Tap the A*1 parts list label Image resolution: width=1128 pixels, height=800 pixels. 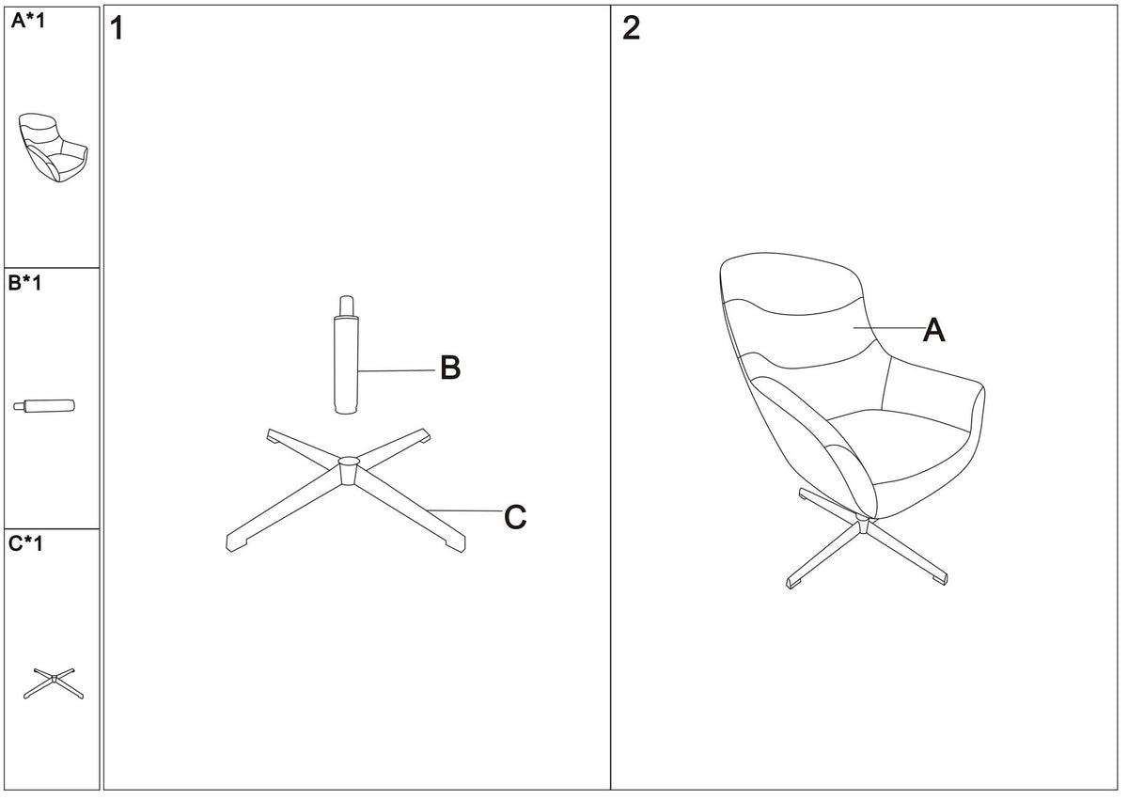(x=28, y=21)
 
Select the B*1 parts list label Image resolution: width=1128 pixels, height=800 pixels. (x=25, y=283)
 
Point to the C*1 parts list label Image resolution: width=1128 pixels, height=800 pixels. (x=25, y=543)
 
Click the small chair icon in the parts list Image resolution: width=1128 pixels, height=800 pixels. (x=54, y=147)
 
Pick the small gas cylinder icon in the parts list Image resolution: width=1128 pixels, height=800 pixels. (x=44, y=406)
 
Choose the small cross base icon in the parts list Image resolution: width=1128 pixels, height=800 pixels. (x=54, y=683)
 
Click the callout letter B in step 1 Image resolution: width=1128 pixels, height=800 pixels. (x=450, y=368)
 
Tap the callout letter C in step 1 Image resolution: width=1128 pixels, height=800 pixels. (x=515, y=517)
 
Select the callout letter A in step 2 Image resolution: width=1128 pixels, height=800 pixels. (x=933, y=330)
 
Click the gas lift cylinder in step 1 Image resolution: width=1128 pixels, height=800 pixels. (x=347, y=355)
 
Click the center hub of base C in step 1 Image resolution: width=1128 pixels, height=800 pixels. (x=348, y=471)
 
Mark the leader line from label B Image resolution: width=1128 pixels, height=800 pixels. (x=397, y=371)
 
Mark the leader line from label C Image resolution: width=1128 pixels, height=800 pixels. (x=464, y=511)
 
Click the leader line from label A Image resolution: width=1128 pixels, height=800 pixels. (x=889, y=328)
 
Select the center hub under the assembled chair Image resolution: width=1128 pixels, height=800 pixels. (x=863, y=525)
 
